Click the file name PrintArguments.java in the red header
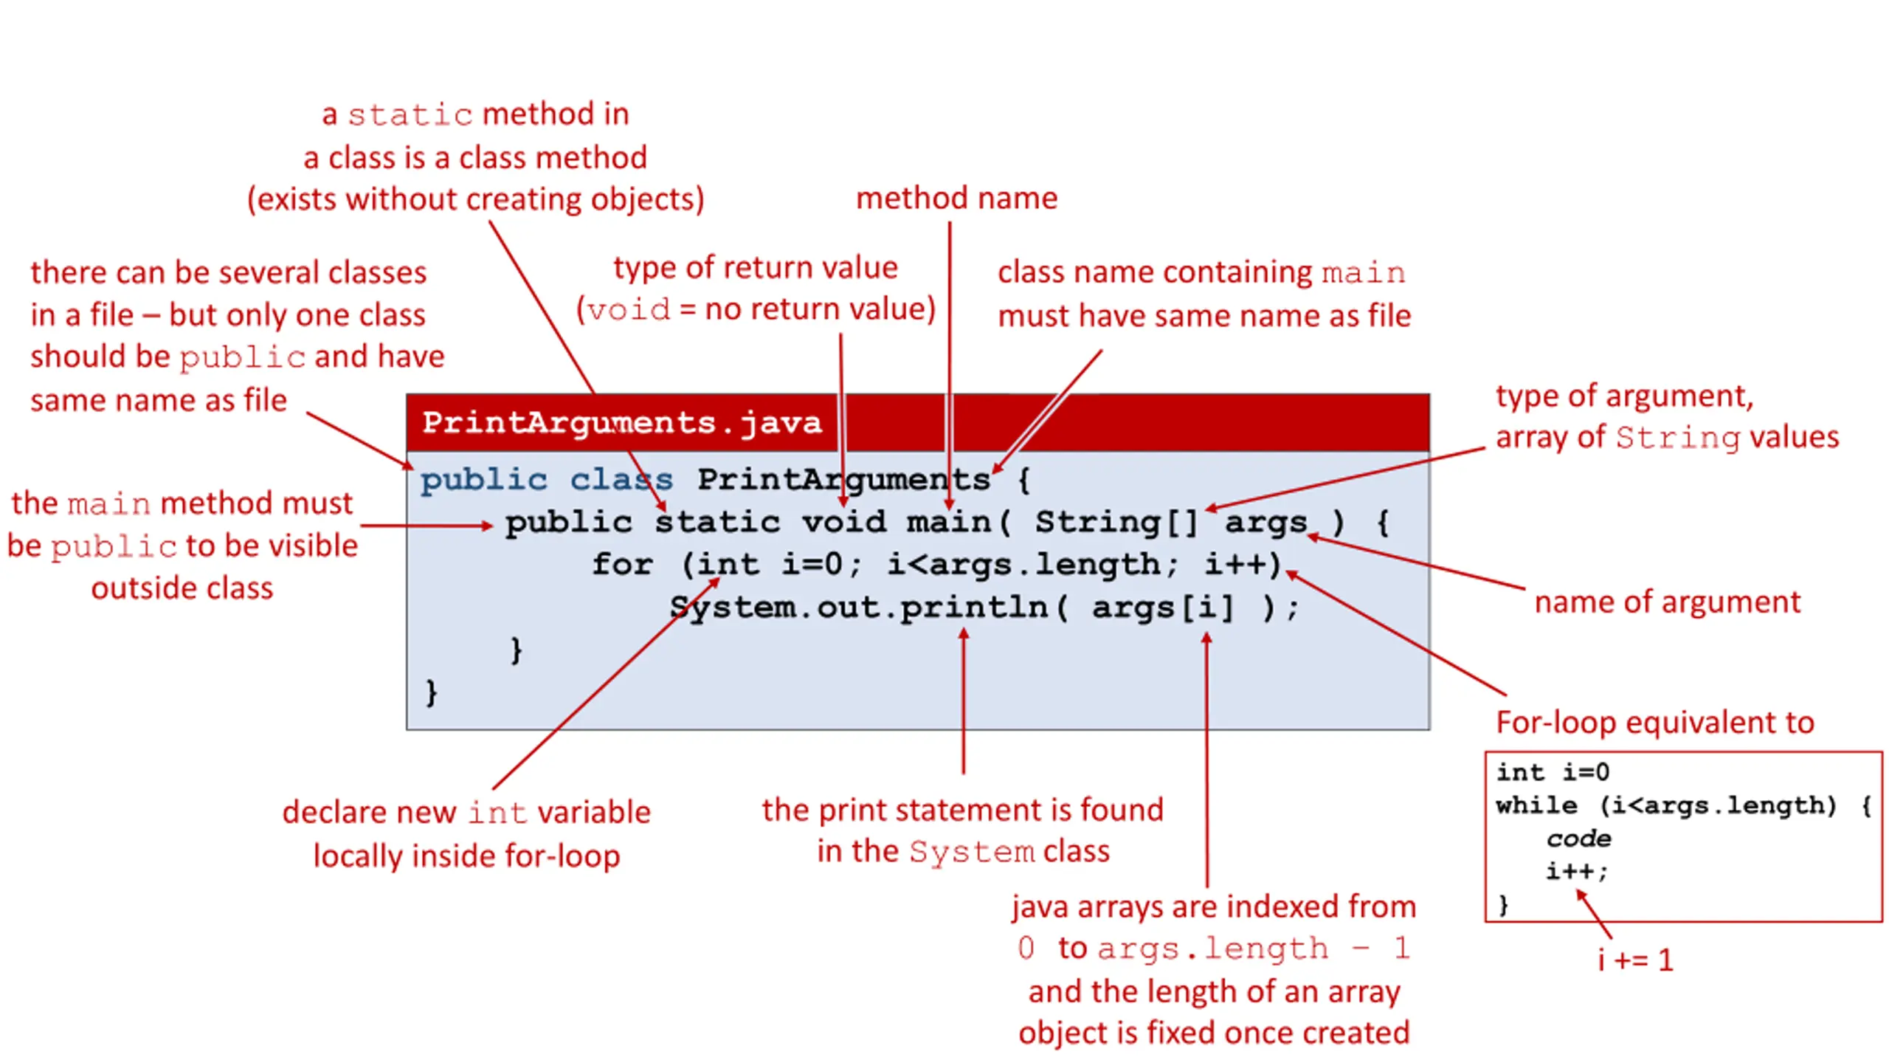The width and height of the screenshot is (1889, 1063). tap(621, 423)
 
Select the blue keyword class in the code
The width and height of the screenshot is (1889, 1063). tap(621, 480)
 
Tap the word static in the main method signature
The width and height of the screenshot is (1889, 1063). tap(717, 523)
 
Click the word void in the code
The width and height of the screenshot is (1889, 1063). tap(843, 523)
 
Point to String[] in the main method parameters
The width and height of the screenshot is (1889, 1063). tap(1116, 523)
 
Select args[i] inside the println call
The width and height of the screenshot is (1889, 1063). tap(1162, 608)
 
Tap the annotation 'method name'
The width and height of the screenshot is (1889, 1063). tap(956, 198)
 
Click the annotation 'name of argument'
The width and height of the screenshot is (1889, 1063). tap(1667, 602)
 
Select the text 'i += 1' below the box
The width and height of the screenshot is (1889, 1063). tap(1635, 960)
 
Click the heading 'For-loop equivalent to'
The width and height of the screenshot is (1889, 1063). tap(1654, 722)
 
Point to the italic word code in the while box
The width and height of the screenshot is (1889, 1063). tap(1578, 839)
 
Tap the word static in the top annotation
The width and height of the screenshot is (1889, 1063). tap(410, 115)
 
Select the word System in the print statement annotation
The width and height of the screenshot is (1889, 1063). tap(971, 853)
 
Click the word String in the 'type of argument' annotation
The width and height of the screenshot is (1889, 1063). tap(1676, 438)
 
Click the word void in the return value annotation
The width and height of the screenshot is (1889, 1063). tap(629, 310)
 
